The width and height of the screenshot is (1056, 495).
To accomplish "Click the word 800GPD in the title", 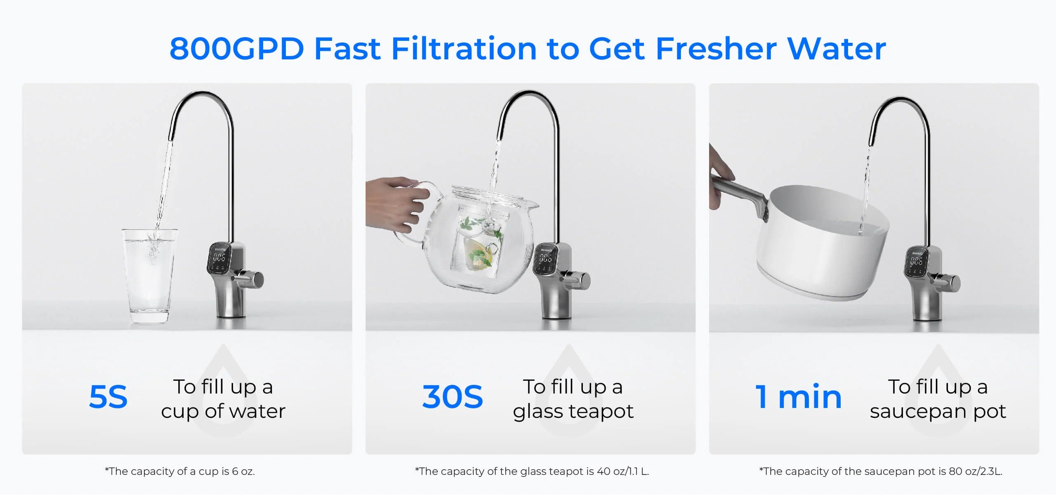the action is (x=237, y=49).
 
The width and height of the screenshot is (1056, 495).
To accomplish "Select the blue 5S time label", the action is (x=108, y=397).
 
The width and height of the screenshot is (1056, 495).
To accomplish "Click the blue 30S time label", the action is (x=453, y=397).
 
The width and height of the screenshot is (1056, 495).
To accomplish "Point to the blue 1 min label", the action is (x=798, y=397).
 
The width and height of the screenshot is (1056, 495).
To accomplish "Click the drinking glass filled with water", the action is (x=149, y=276).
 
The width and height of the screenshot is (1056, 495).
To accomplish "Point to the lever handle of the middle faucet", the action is (x=576, y=280).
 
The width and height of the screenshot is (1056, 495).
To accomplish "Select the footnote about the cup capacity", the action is (x=180, y=471).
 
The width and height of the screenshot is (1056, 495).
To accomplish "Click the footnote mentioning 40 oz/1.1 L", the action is (x=532, y=471).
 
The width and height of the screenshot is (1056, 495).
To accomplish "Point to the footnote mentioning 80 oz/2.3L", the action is (x=881, y=471).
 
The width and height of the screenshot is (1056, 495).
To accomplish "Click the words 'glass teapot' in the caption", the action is (x=573, y=412).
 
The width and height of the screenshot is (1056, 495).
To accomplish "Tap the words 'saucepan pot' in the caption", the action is (x=938, y=412).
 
